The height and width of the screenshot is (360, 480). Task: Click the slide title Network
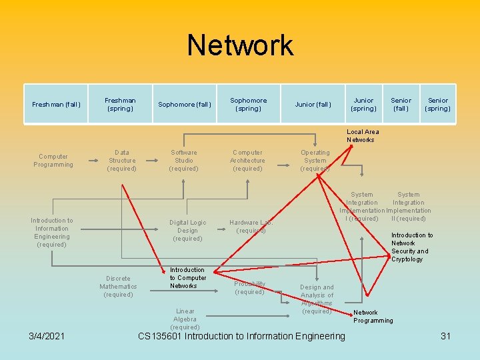(x=240, y=45)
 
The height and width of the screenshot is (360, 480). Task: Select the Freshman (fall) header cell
(x=56, y=105)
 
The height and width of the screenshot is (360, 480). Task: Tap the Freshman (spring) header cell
(x=120, y=105)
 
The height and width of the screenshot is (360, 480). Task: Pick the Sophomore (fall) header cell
(x=185, y=105)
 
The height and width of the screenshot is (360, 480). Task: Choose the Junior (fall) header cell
(x=313, y=105)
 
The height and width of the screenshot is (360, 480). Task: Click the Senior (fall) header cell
(x=401, y=105)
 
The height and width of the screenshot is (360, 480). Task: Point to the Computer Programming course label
(x=53, y=161)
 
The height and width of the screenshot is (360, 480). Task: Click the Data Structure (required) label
(x=122, y=161)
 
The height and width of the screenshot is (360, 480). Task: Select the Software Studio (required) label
(x=184, y=161)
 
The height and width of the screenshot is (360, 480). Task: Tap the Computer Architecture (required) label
(x=247, y=161)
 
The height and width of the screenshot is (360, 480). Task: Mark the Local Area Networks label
(x=363, y=136)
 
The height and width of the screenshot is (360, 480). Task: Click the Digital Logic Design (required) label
(x=187, y=231)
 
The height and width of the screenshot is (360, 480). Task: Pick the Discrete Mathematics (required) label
(x=118, y=287)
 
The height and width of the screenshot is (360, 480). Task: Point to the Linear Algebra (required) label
(x=185, y=319)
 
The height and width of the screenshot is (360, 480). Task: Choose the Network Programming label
(x=373, y=317)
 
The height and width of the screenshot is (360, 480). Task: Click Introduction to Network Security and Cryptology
(x=411, y=247)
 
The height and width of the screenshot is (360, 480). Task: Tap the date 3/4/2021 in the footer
(x=46, y=336)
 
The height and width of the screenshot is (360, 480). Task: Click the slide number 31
(x=446, y=336)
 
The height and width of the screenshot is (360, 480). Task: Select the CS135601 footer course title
(x=241, y=336)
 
